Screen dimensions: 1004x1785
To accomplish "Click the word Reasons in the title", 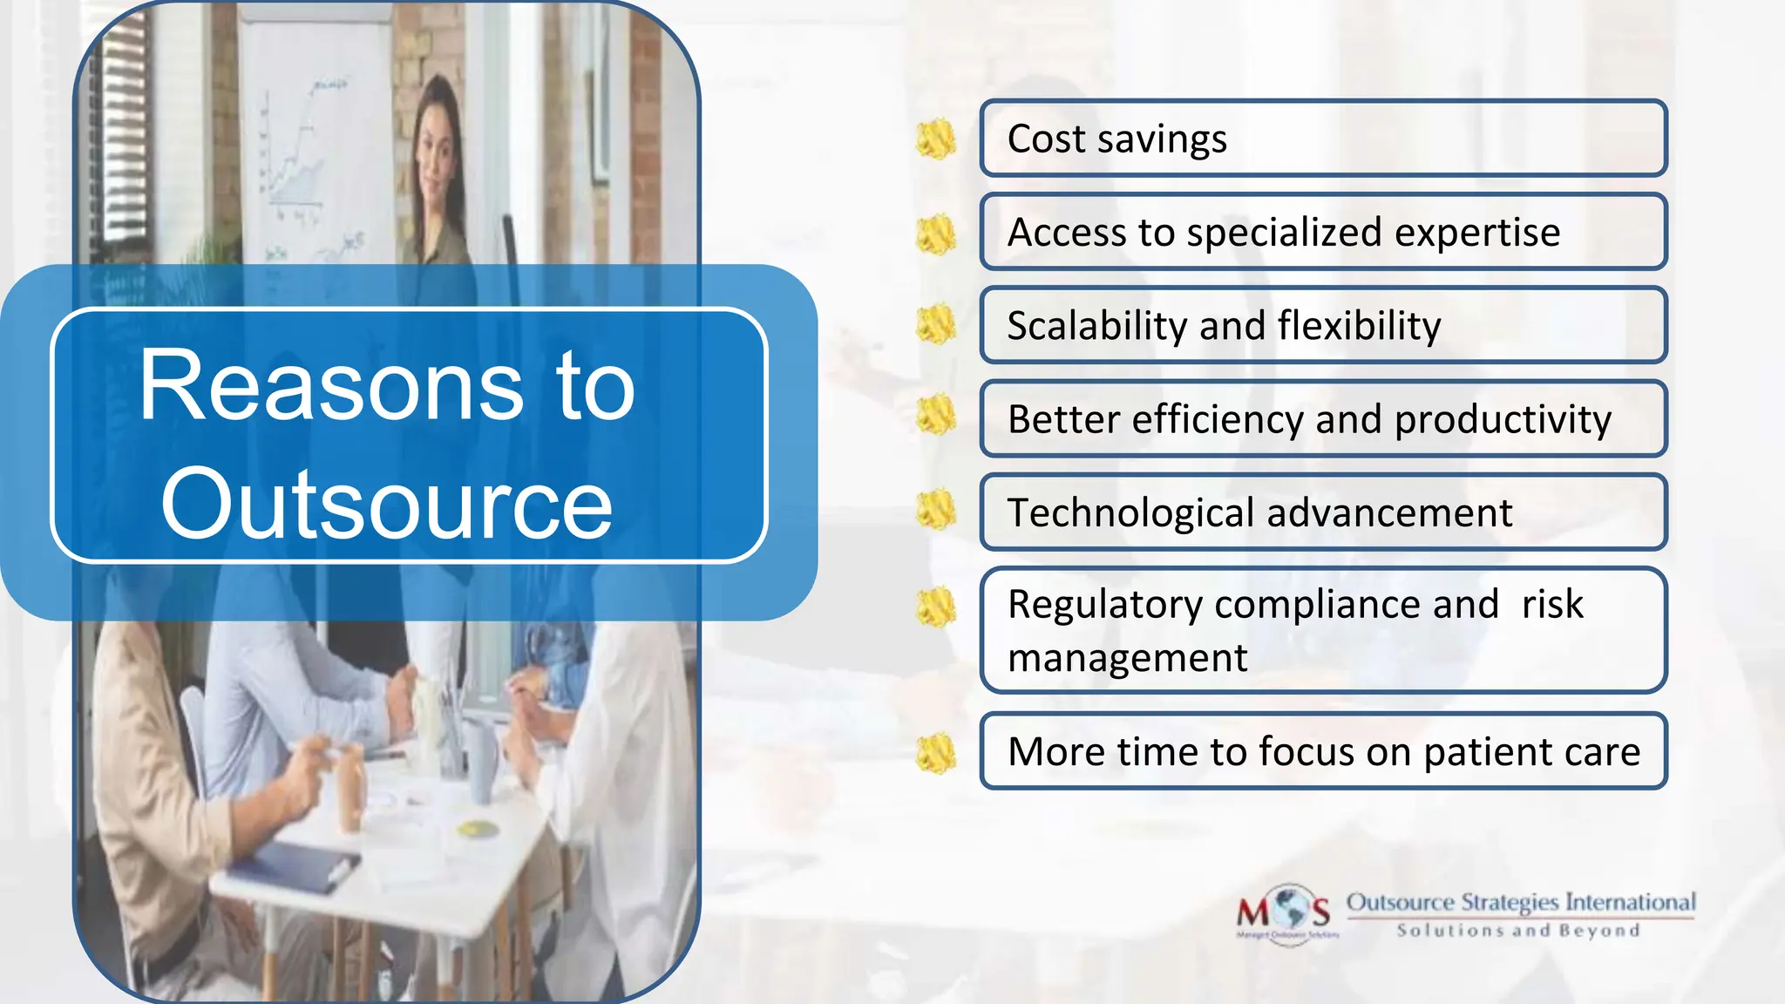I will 331,386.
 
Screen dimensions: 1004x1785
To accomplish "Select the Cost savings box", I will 1322,139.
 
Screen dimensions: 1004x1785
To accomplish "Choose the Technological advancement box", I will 1322,512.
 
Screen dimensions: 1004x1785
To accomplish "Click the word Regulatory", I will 1104,605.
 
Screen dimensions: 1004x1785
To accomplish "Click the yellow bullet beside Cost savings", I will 936,139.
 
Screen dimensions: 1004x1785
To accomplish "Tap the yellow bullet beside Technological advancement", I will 936,511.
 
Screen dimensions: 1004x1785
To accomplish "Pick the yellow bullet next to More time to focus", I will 936,753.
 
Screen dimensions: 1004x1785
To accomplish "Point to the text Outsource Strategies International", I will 1520,902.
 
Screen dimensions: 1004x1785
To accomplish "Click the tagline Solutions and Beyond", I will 1518,931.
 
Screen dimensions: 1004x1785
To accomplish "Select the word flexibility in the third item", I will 1359,326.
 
